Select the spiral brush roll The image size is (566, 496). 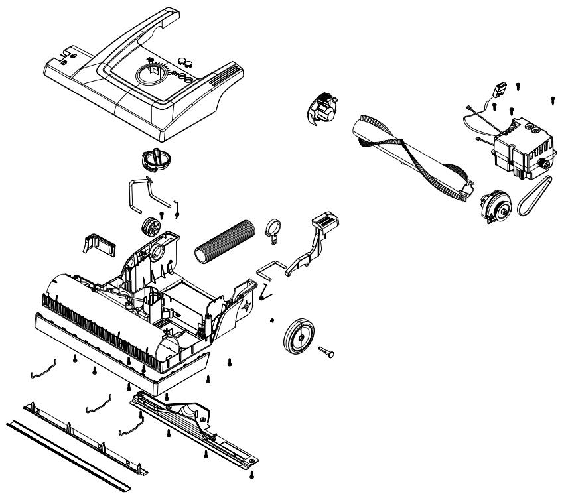[411, 156]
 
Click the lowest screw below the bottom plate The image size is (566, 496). [251, 473]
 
